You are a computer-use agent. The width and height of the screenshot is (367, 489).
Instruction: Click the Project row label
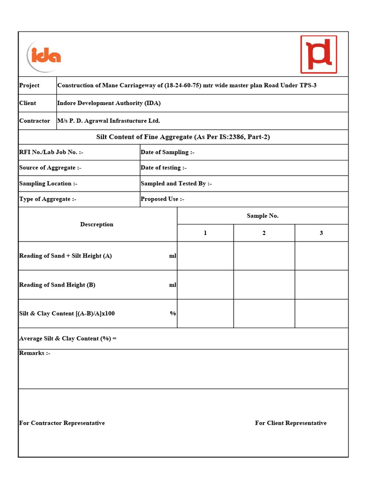point(29,85)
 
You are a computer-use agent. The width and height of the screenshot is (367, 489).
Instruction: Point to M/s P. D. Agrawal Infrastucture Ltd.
point(108,121)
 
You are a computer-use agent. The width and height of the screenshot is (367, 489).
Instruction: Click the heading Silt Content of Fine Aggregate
point(183,137)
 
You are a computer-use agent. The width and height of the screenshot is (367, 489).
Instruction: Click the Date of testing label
point(163,168)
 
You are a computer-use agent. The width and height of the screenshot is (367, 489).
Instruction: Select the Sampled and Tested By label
point(176,183)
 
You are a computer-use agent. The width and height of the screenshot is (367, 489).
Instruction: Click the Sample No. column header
point(262,216)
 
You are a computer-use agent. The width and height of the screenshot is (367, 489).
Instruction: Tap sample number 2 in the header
point(264,233)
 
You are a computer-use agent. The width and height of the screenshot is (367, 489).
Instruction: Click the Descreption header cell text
point(97,224)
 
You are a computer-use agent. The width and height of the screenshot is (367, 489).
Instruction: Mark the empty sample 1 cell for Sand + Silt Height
point(205,256)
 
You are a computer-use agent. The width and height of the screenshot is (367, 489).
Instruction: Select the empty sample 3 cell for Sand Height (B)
point(321,285)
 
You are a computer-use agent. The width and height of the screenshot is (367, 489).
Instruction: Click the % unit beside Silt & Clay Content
point(173,314)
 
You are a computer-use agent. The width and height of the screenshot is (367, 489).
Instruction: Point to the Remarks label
point(35,353)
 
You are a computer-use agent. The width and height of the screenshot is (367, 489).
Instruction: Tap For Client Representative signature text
point(291,423)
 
